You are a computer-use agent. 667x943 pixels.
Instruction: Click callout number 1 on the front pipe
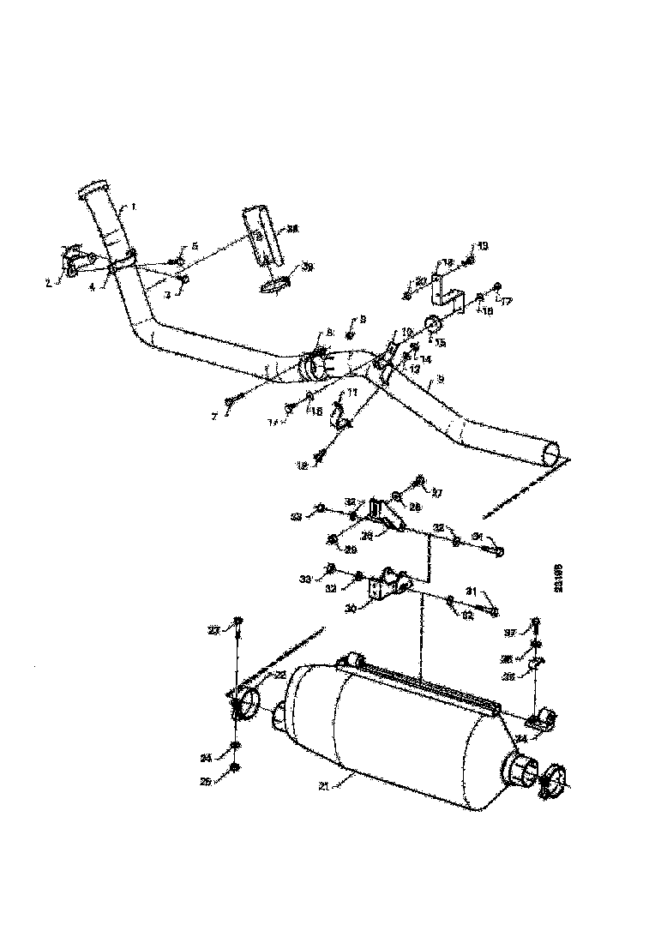pyautogui.click(x=134, y=207)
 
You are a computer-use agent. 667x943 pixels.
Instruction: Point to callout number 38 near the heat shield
pyautogui.click(x=293, y=229)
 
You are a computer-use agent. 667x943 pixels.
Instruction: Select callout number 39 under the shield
pyautogui.click(x=307, y=267)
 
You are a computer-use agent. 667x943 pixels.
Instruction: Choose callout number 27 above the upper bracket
pyautogui.click(x=436, y=493)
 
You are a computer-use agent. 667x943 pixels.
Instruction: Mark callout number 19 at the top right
pyautogui.click(x=483, y=247)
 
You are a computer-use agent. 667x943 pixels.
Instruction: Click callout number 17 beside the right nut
pyautogui.click(x=507, y=302)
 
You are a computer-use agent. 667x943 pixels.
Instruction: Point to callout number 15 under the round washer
pyautogui.click(x=442, y=343)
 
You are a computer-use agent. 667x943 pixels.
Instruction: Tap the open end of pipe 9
pyautogui.click(x=554, y=452)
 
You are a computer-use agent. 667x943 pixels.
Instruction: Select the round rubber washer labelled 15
pyautogui.click(x=432, y=325)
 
